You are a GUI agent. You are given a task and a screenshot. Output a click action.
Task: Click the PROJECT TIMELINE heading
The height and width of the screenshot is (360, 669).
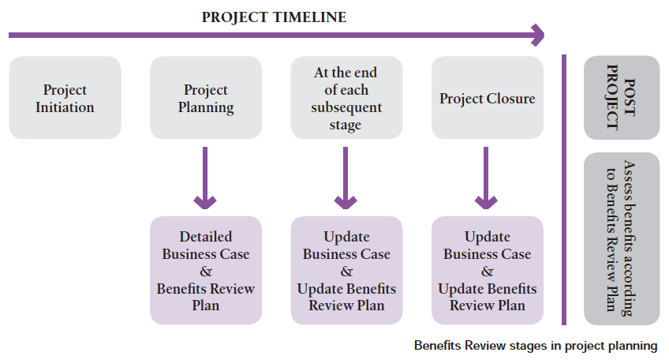(x=274, y=17)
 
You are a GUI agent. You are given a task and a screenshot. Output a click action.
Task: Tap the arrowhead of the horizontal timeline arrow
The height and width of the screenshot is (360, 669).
(x=539, y=35)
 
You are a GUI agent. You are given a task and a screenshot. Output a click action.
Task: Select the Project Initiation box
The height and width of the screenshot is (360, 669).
(x=65, y=98)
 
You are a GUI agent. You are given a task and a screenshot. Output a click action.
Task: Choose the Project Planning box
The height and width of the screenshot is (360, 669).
(x=206, y=98)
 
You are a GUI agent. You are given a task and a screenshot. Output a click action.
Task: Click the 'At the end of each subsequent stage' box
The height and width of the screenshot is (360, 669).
(x=346, y=98)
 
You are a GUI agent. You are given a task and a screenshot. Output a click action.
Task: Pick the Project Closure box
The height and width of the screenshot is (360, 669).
(x=488, y=98)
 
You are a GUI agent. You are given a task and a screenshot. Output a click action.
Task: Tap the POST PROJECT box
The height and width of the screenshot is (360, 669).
(x=622, y=97)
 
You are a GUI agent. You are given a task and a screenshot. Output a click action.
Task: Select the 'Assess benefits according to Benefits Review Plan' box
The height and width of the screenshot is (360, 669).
(x=622, y=238)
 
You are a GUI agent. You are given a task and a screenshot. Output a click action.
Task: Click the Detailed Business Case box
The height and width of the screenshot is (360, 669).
(x=206, y=270)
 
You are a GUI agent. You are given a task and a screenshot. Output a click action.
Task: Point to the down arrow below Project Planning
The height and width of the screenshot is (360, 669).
(x=205, y=178)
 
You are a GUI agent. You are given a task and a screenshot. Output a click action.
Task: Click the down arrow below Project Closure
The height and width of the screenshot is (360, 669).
(x=486, y=178)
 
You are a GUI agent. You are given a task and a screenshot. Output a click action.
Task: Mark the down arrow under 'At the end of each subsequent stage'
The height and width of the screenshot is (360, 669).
(x=346, y=178)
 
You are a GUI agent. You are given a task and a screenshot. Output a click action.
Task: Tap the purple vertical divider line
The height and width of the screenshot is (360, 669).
(x=564, y=189)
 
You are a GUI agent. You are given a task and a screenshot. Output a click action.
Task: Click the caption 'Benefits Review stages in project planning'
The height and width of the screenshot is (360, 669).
(x=536, y=346)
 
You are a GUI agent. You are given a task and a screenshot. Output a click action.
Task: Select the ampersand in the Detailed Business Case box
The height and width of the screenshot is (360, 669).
(x=206, y=272)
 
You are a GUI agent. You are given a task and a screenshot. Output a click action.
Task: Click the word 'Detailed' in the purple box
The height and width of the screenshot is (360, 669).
(x=206, y=237)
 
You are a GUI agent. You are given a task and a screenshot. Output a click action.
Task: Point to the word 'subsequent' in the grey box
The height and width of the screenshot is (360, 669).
(x=346, y=107)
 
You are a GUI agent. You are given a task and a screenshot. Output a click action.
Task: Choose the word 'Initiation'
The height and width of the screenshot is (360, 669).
(x=65, y=107)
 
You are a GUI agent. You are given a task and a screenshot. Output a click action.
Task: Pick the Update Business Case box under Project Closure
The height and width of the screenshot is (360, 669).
(x=488, y=270)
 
